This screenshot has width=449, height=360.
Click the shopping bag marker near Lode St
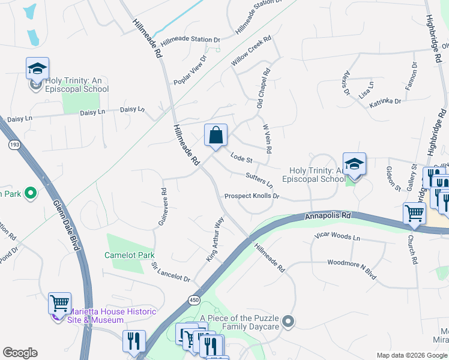[x=215, y=136]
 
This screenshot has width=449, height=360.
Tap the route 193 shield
[x=13, y=145]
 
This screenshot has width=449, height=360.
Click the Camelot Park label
[x=130, y=255]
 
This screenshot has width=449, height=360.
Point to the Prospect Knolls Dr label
[x=252, y=196]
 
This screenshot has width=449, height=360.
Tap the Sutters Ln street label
[x=259, y=179]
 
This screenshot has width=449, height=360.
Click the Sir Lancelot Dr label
[x=170, y=272]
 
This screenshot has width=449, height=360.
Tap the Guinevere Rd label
[x=163, y=208]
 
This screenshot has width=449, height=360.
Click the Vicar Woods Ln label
[x=337, y=238]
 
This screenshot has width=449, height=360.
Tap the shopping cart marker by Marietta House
[x=59, y=304]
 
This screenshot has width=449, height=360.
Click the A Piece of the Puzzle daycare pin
[x=289, y=322]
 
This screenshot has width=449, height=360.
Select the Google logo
[x=20, y=353]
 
